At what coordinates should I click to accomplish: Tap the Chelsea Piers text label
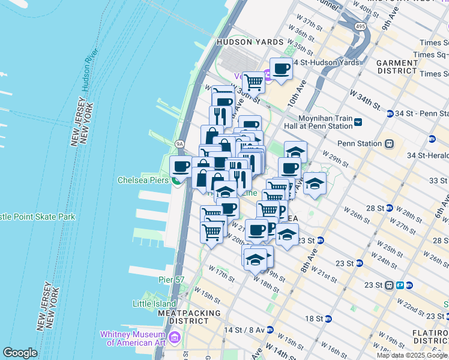point(142,180)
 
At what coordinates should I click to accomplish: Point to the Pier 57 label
point(172,280)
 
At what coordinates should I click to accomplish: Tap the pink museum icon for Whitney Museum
point(175,338)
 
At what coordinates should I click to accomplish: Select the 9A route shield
point(179,144)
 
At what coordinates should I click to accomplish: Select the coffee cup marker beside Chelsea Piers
point(181,167)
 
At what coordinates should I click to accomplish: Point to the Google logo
point(20,353)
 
